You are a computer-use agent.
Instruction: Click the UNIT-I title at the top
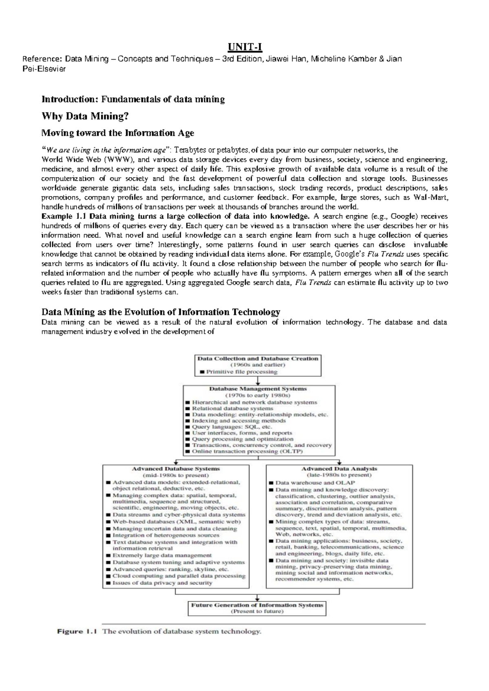pyautogui.click(x=244, y=48)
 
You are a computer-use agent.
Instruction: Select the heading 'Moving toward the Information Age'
pyautogui.click(x=118, y=133)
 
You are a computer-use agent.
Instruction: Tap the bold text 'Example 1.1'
pyautogui.click(x=64, y=216)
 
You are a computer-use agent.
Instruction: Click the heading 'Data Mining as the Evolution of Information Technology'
pyautogui.click(x=161, y=312)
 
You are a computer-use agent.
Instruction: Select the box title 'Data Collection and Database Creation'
pyautogui.click(x=258, y=359)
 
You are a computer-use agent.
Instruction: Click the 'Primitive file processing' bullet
pyautogui.click(x=241, y=372)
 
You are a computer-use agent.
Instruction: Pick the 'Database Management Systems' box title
pyautogui.click(x=258, y=389)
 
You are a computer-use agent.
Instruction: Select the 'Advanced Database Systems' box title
pyautogui.click(x=176, y=469)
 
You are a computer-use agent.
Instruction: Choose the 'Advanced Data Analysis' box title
pyautogui.click(x=339, y=469)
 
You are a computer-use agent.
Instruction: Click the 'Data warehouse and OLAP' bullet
pyautogui.click(x=315, y=482)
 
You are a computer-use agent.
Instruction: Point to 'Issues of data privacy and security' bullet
pyautogui.click(x=162, y=583)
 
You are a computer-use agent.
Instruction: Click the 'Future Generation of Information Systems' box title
pyautogui.click(x=257, y=605)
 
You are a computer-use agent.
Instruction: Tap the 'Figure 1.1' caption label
pyautogui.click(x=76, y=632)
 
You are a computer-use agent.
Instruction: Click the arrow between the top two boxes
pyautogui.click(x=258, y=381)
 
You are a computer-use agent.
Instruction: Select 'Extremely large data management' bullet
pyautogui.click(x=162, y=555)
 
